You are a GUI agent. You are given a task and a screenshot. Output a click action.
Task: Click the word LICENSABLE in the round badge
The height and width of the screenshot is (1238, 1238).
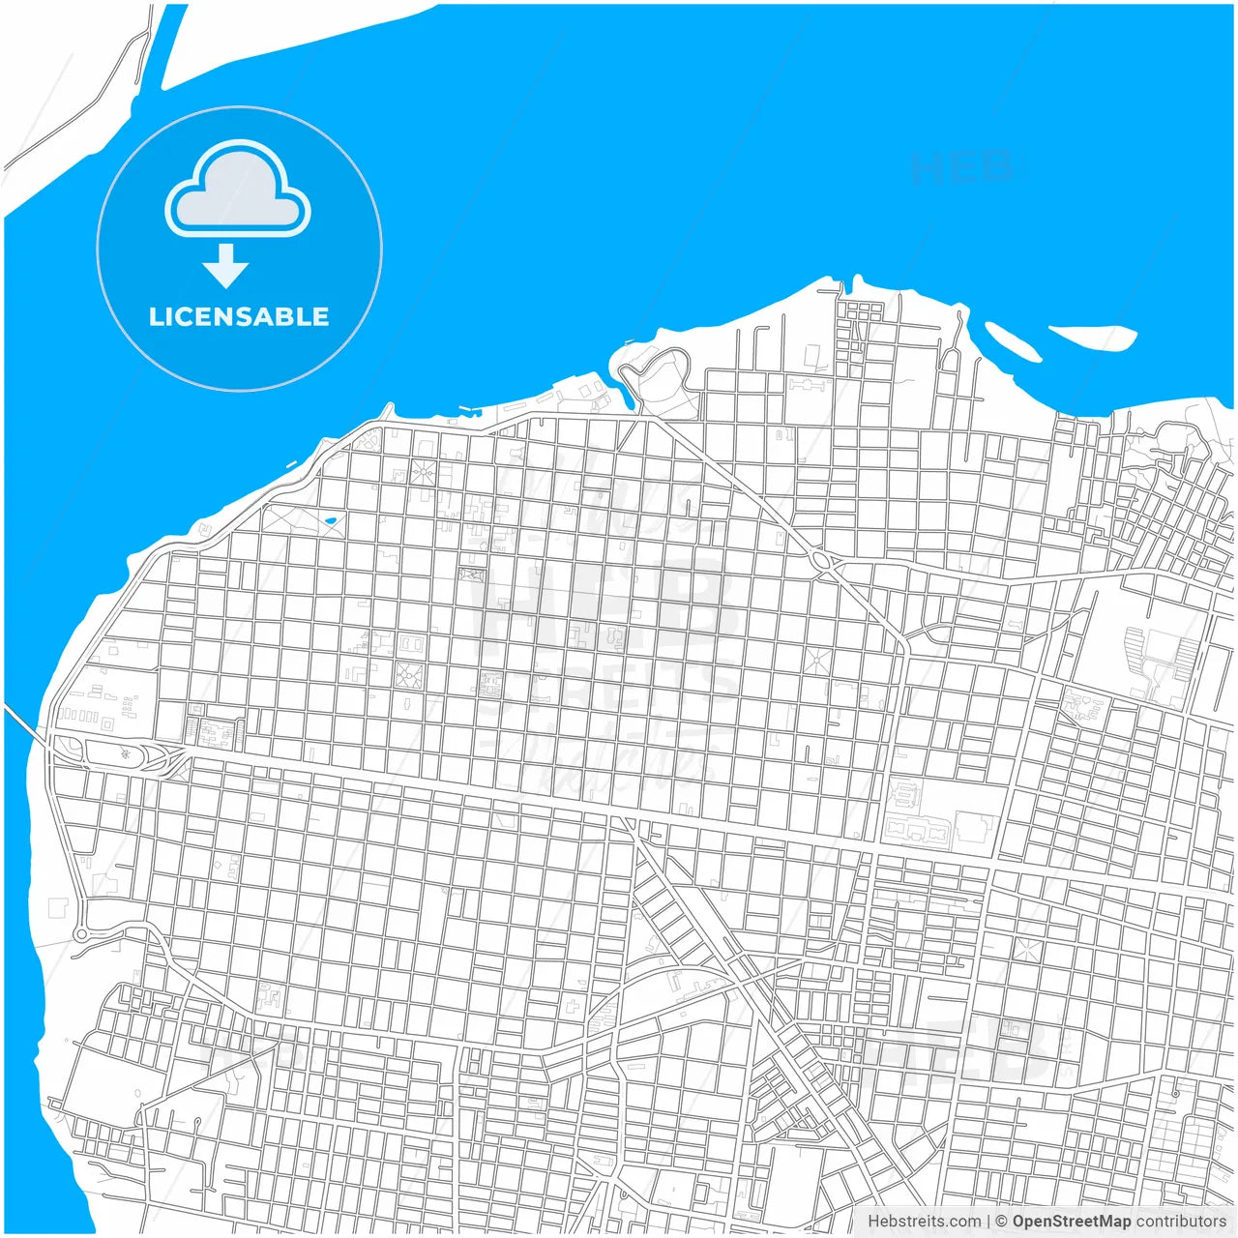pos(239,316)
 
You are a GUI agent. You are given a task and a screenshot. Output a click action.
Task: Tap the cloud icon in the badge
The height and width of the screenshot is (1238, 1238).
pos(238,191)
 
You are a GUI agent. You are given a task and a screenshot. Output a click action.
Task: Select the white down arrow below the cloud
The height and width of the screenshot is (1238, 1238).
pos(226,266)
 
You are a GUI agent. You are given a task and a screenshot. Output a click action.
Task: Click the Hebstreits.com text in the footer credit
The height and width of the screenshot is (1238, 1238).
pos(924,1222)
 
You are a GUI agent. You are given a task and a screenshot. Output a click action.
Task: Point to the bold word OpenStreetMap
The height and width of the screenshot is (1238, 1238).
pos(1072,1222)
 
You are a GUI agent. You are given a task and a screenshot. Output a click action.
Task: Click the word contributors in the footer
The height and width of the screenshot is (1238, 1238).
pos(1181,1222)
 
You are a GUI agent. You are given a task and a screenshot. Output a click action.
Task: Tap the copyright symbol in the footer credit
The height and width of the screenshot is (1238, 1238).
pos(1002,1222)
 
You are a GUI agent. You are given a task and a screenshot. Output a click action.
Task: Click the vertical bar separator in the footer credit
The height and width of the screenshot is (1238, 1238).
pos(987,1222)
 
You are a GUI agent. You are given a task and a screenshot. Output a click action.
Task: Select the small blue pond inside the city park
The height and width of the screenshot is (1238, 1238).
pos(332,522)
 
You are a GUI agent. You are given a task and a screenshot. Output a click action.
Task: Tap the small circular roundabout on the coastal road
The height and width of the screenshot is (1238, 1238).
pos(81,933)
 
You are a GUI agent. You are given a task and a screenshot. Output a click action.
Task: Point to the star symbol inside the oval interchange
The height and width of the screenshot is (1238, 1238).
pos(125,752)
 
